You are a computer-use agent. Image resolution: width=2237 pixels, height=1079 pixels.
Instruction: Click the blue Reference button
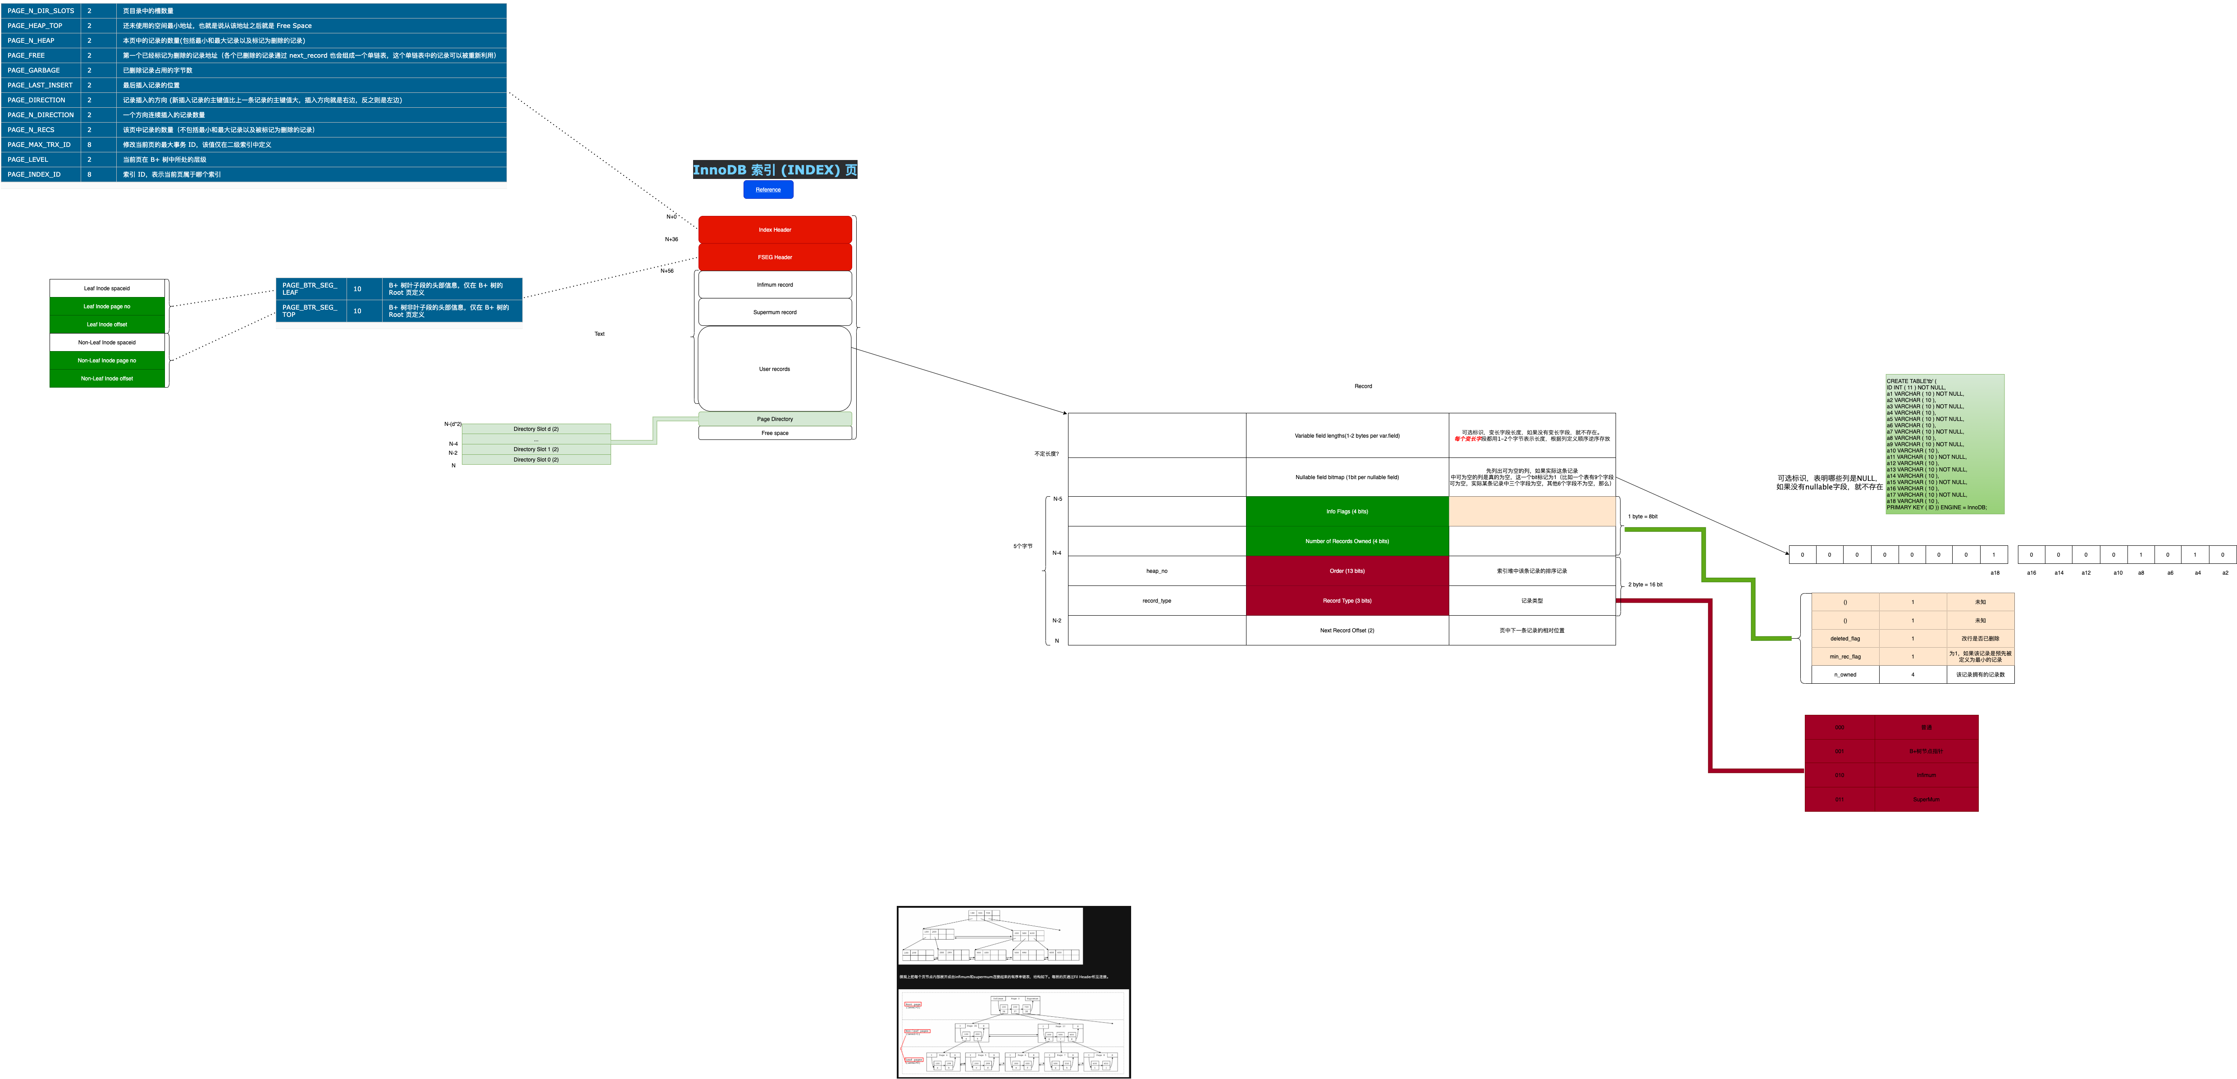tap(767, 189)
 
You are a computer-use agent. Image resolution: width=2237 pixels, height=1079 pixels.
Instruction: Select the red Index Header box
tap(775, 229)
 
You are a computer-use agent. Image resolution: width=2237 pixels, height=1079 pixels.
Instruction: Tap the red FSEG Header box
tap(775, 257)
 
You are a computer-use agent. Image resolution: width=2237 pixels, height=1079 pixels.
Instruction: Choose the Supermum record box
tap(775, 312)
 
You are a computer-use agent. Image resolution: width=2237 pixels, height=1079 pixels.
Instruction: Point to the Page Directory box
tap(775, 419)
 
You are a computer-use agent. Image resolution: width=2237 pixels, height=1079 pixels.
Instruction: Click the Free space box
tap(775, 433)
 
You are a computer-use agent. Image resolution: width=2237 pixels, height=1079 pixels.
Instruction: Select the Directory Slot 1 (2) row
tap(536, 449)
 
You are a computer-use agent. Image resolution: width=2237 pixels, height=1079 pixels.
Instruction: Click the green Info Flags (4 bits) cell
tap(1347, 512)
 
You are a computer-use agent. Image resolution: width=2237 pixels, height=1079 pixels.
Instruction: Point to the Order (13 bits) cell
tap(1347, 571)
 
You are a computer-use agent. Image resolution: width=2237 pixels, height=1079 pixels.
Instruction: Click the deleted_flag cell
tap(1844, 639)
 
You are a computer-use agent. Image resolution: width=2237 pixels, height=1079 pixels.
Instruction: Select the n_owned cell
tap(1844, 674)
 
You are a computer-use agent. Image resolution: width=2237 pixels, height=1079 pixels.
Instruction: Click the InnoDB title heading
tap(775, 169)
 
